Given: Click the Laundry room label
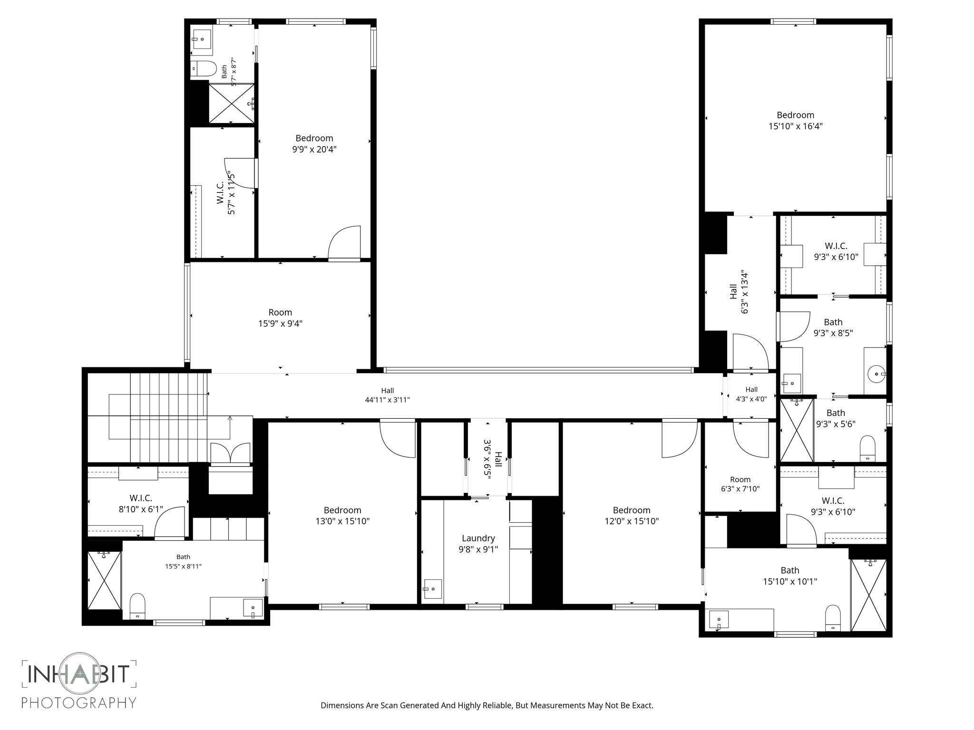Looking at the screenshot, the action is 478,544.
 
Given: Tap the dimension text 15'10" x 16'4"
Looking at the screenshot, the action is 796,126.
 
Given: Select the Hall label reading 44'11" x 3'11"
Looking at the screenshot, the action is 387,395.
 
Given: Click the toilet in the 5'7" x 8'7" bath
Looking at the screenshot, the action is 203,69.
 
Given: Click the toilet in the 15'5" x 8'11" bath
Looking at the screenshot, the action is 137,606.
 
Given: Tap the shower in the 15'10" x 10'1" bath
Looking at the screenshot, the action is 869,595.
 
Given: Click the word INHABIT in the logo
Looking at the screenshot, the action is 79,674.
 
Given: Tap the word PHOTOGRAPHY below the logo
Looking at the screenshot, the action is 79,702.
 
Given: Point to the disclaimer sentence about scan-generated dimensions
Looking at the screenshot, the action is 487,705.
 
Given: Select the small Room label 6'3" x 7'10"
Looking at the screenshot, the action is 740,484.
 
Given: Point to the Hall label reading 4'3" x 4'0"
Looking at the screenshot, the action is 751,394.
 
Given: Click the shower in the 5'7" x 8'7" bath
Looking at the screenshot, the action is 232,103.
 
